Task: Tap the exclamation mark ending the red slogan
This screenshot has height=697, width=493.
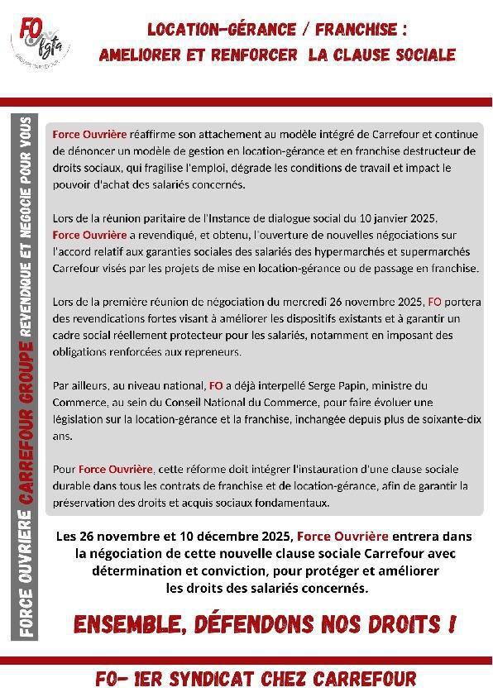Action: [x=452, y=623]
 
